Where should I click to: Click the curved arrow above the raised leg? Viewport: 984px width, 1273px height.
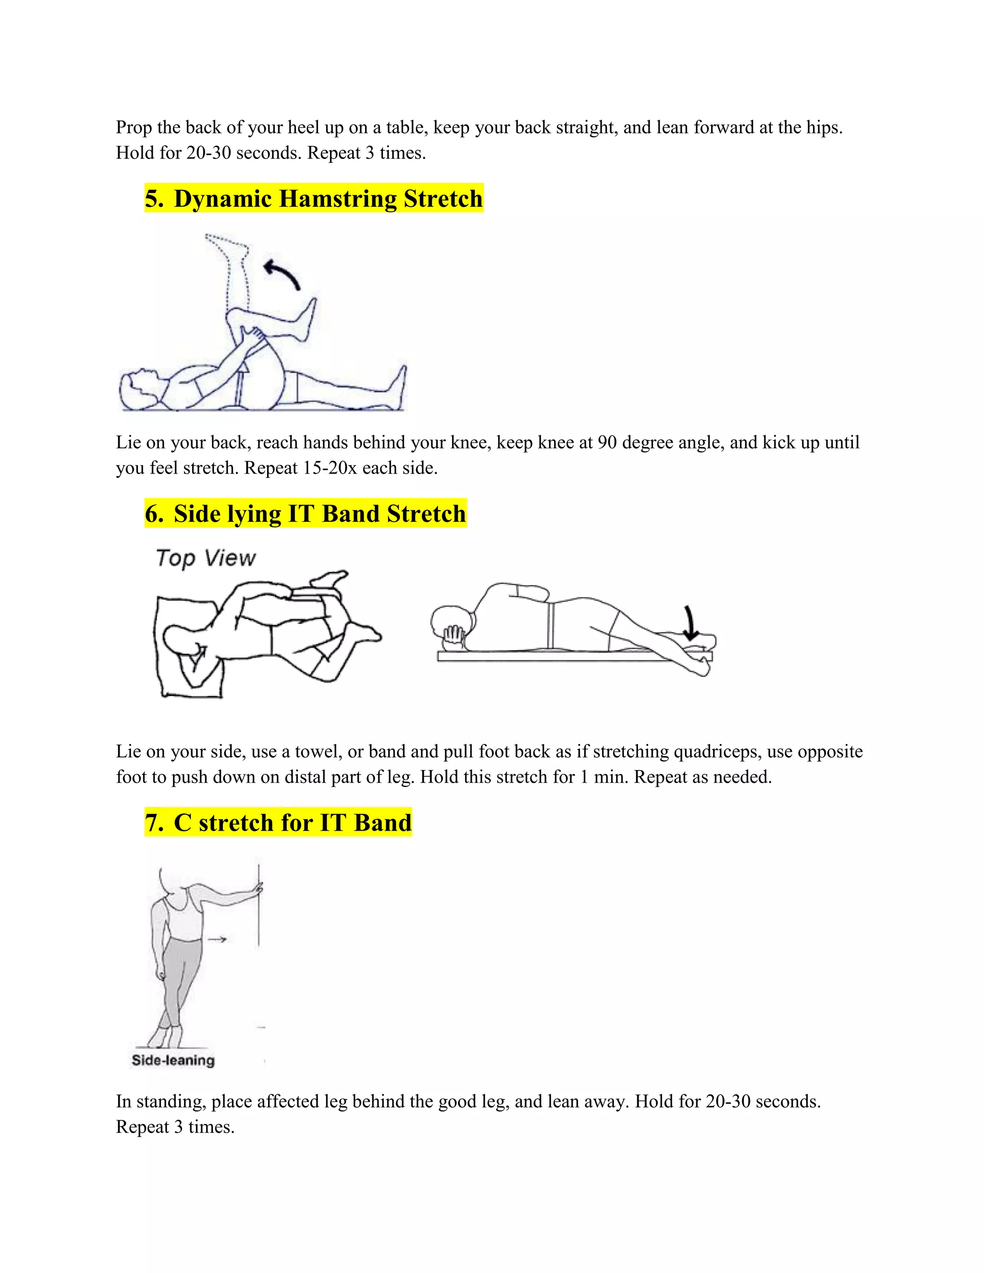(282, 274)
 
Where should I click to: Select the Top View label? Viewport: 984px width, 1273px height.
(205, 558)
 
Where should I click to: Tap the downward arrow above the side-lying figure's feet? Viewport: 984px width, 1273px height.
(689, 623)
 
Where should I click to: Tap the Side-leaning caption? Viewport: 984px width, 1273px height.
(173, 1060)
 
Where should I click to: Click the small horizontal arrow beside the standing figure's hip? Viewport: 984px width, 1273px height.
(217, 939)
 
